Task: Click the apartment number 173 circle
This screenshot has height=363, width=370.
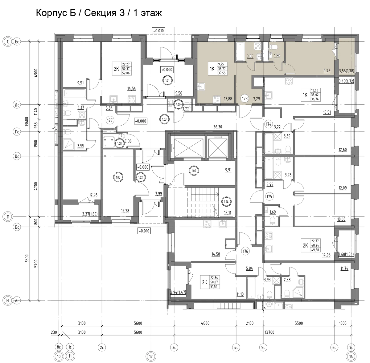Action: (245, 99)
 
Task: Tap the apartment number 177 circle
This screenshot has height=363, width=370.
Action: (110, 120)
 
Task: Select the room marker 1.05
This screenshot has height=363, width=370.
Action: (118, 177)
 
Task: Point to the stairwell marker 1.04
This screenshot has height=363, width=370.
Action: (226, 202)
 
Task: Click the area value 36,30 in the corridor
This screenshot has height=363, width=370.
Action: (218, 127)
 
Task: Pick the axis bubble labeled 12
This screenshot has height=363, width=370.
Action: (151, 357)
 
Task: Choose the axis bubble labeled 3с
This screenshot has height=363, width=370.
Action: (174, 347)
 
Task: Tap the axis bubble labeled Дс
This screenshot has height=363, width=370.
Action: (17, 105)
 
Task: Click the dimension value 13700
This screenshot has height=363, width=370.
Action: (269, 332)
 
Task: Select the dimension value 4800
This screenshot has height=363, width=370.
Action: (205, 323)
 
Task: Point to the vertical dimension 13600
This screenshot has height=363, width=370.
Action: (27, 121)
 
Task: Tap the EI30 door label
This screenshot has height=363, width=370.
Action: (128, 142)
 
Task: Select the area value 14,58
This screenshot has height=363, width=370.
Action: (216, 254)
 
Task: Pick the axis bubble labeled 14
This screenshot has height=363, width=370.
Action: (351, 357)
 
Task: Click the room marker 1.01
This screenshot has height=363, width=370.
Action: (168, 81)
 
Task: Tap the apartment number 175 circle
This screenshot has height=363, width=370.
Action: (269, 196)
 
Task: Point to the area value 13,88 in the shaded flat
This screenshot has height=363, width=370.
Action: (228, 99)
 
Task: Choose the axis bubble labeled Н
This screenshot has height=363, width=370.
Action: (8, 300)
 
